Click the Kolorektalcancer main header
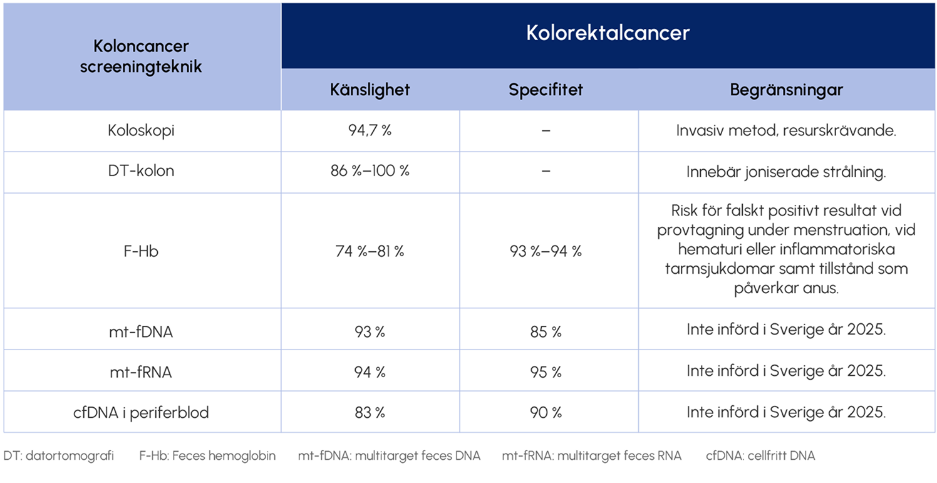pos(608,33)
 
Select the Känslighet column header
pos(370,90)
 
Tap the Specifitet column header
pos(546,90)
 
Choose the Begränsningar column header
pos(786,90)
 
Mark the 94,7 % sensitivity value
pos(370,131)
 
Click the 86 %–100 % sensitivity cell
pos(370,171)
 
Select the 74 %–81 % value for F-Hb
pos(370,251)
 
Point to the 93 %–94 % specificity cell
pos(546,251)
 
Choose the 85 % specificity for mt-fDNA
pos(546,331)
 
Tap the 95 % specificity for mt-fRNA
pos(546,371)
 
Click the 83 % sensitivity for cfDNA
pos(370,412)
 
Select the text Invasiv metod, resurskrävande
pos(786,131)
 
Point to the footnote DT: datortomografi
pos(59,456)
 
